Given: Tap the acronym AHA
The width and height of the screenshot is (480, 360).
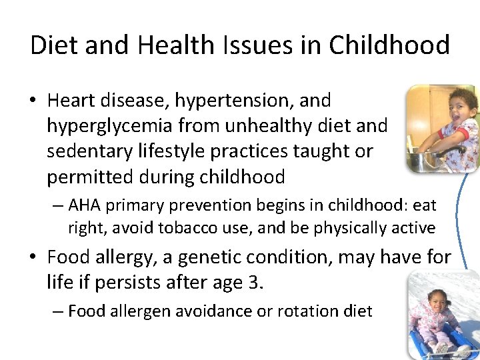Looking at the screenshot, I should (83, 205).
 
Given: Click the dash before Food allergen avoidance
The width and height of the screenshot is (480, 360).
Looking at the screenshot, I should (59, 311).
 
